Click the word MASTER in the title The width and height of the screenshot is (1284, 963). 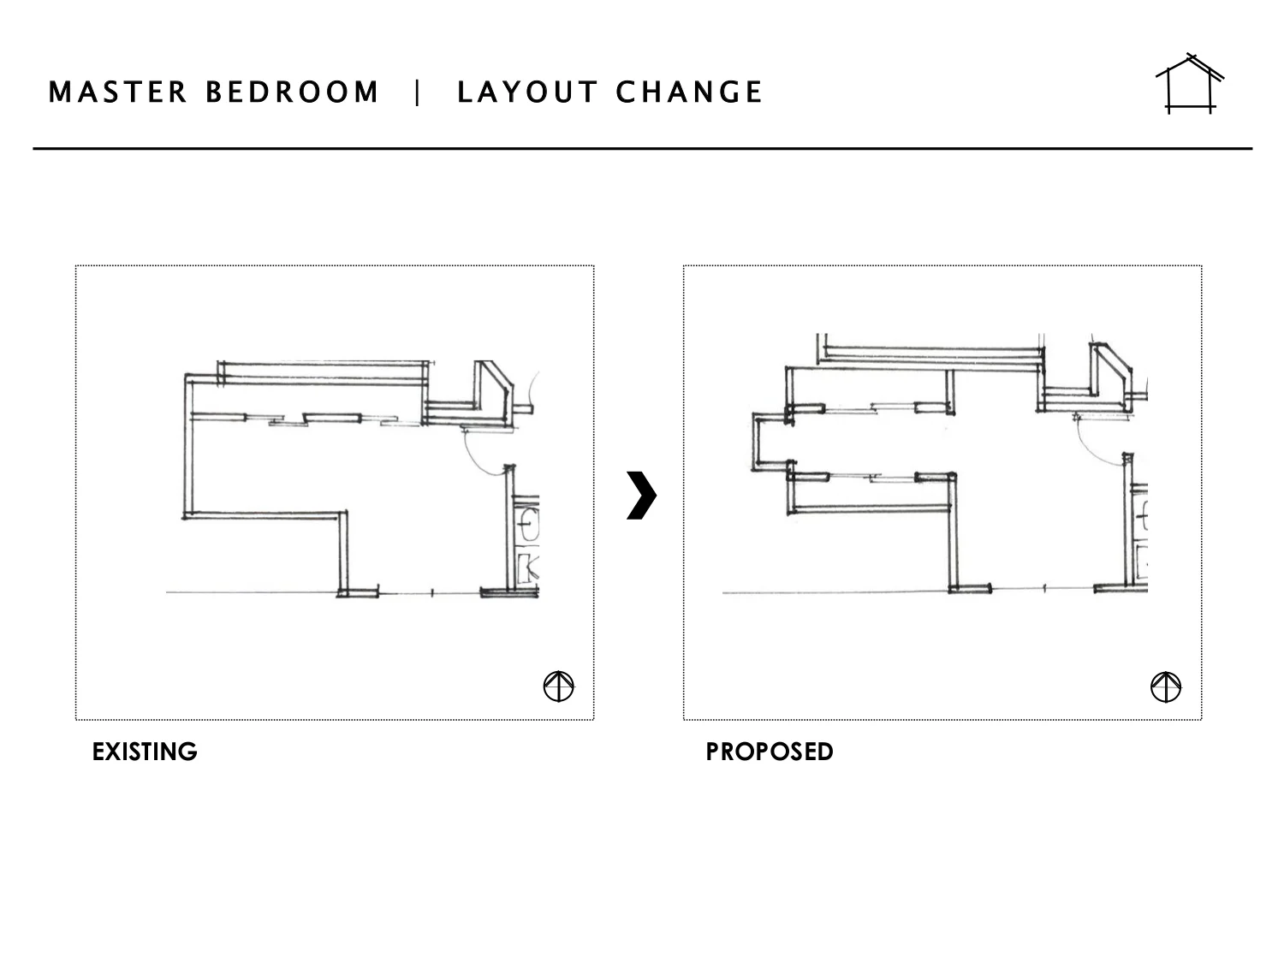pyautogui.click(x=117, y=92)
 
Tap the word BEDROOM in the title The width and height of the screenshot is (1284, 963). pyautogui.click(x=292, y=92)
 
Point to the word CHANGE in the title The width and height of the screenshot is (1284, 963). pyautogui.click(x=689, y=92)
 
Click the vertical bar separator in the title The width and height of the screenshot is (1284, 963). pyautogui.click(x=418, y=92)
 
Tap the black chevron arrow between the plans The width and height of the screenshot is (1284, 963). pyautogui.click(x=641, y=495)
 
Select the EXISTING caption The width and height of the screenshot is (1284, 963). pyautogui.click(x=145, y=752)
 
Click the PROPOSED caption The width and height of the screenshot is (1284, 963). pyautogui.click(x=769, y=752)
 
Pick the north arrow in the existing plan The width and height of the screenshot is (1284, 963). pyautogui.click(x=559, y=686)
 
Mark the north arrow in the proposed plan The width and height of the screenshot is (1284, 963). pyautogui.click(x=1165, y=687)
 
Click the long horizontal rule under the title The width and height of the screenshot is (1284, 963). pyautogui.click(x=642, y=149)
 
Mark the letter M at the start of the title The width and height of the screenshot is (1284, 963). pyautogui.click(x=59, y=92)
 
